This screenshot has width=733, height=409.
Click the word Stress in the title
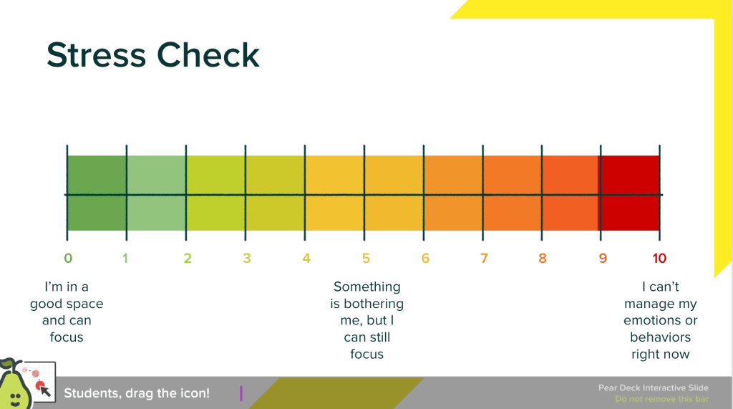coord(97,55)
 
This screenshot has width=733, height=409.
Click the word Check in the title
coord(208,54)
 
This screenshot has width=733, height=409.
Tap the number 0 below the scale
coord(68,259)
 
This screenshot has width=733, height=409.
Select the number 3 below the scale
coord(247,259)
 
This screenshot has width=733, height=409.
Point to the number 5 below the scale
coord(366,259)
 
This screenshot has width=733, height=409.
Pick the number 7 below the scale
coord(485,259)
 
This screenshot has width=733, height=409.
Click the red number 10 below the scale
coord(659,259)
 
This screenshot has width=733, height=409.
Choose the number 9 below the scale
coord(603,259)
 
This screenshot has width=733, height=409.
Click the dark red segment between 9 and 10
coord(630,193)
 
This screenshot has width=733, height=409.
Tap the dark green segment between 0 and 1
coord(97,193)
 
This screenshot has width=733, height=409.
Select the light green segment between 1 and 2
coord(156,193)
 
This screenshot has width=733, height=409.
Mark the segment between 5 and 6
coord(394,193)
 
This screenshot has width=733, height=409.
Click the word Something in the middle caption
coord(367,287)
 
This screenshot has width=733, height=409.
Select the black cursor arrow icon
coord(44,390)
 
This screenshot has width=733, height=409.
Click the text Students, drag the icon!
coord(137,393)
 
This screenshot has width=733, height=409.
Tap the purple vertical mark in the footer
coord(241,393)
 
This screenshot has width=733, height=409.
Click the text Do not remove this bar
coord(661,399)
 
